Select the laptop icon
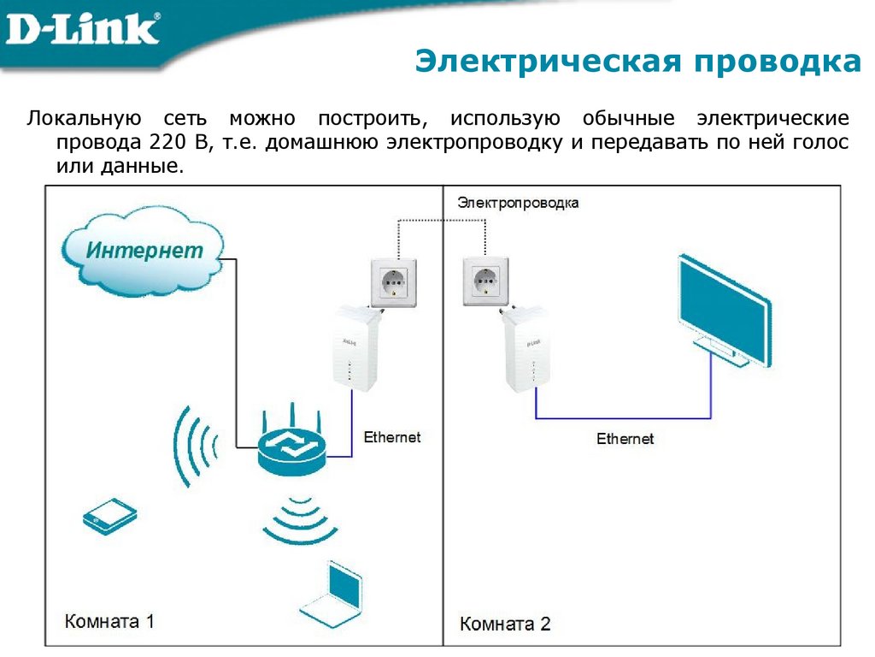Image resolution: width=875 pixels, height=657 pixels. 332,595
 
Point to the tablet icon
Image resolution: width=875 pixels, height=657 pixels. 109,517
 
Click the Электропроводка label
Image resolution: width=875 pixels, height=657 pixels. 518,203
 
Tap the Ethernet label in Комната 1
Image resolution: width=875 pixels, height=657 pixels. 392,437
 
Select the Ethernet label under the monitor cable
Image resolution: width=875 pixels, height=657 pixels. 625,439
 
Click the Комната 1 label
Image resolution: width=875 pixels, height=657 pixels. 110,621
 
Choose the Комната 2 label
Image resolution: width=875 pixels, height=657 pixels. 506,624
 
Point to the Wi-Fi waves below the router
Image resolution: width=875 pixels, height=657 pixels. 300,520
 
